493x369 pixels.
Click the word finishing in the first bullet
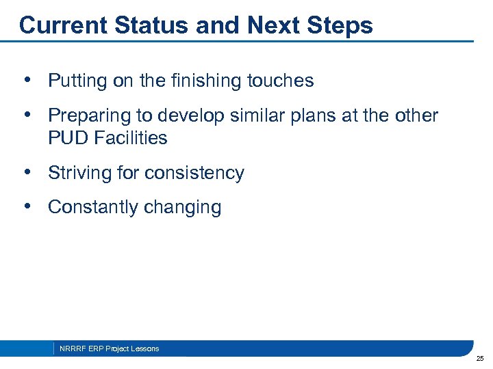point(203,81)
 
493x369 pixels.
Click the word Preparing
point(90,115)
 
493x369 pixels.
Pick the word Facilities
point(131,138)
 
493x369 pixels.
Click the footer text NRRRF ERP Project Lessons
point(109,348)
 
